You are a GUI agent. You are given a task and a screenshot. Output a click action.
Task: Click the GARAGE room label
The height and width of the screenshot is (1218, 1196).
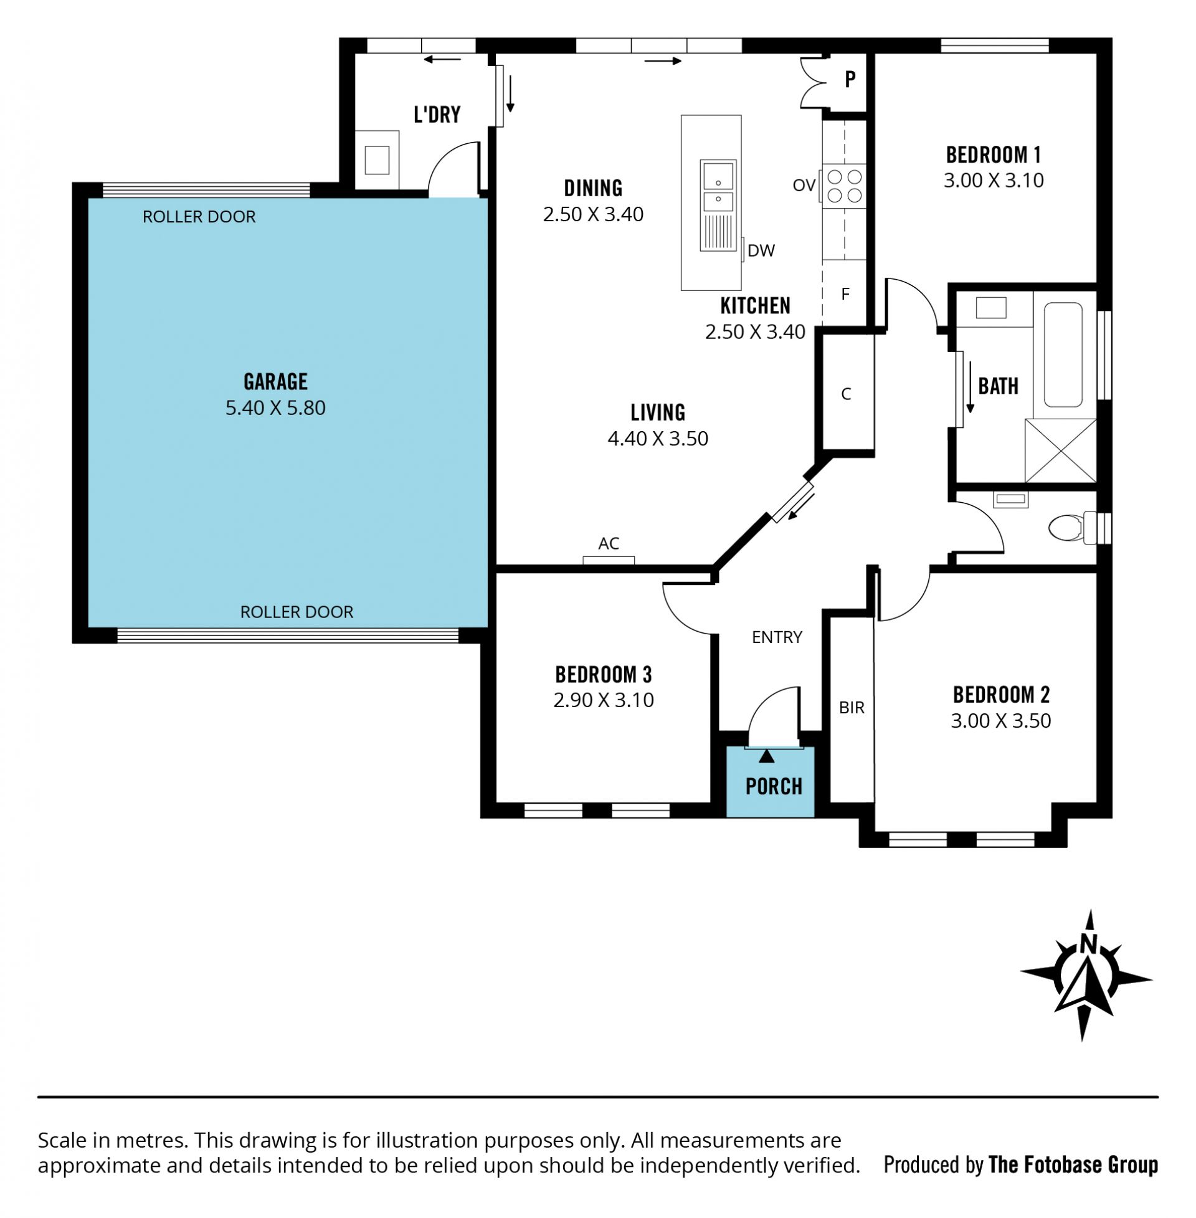275,381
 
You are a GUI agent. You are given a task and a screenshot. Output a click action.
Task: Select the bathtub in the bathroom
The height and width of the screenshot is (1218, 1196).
1063,354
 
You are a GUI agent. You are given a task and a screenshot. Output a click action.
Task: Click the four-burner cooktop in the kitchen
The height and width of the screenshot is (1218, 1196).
844,186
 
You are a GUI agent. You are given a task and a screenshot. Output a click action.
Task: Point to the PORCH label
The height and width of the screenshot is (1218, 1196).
773,786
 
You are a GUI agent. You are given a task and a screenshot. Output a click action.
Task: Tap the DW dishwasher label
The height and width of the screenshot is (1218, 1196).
761,250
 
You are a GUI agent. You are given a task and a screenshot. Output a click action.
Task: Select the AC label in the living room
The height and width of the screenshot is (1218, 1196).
609,543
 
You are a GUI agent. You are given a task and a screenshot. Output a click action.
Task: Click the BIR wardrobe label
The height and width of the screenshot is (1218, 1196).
852,708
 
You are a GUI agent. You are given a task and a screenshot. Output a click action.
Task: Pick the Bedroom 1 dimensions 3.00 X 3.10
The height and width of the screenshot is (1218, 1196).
993,180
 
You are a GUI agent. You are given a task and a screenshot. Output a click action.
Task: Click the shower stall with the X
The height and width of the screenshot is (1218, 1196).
1060,451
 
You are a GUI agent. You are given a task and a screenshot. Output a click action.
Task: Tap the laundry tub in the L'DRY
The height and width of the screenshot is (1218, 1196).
377,159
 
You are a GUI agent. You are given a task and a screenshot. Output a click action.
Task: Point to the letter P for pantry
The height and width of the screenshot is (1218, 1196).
850,79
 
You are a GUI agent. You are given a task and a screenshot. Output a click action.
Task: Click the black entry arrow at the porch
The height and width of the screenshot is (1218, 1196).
766,756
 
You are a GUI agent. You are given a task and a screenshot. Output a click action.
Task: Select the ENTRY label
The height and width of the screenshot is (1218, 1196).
777,637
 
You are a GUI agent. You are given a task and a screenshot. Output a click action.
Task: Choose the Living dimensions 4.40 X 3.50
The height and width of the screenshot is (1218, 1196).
658,439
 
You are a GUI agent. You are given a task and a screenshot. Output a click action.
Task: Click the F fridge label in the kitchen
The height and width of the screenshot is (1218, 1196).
845,293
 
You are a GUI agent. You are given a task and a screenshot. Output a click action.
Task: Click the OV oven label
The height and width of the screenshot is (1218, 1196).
804,185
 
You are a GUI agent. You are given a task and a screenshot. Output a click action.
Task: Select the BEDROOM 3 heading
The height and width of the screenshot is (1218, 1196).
603,675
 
